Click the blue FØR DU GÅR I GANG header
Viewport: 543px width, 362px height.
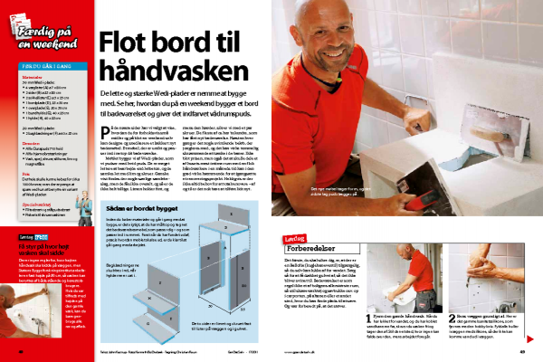coord(47,64)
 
